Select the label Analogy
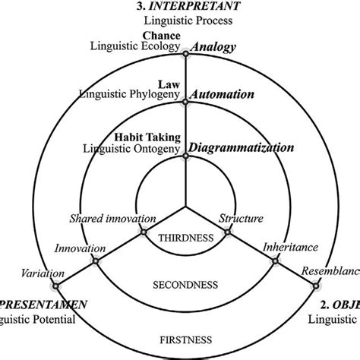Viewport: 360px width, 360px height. coord(213,47)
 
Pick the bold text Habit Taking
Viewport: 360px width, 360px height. coord(147,137)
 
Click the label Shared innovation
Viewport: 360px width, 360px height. coord(108,219)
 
